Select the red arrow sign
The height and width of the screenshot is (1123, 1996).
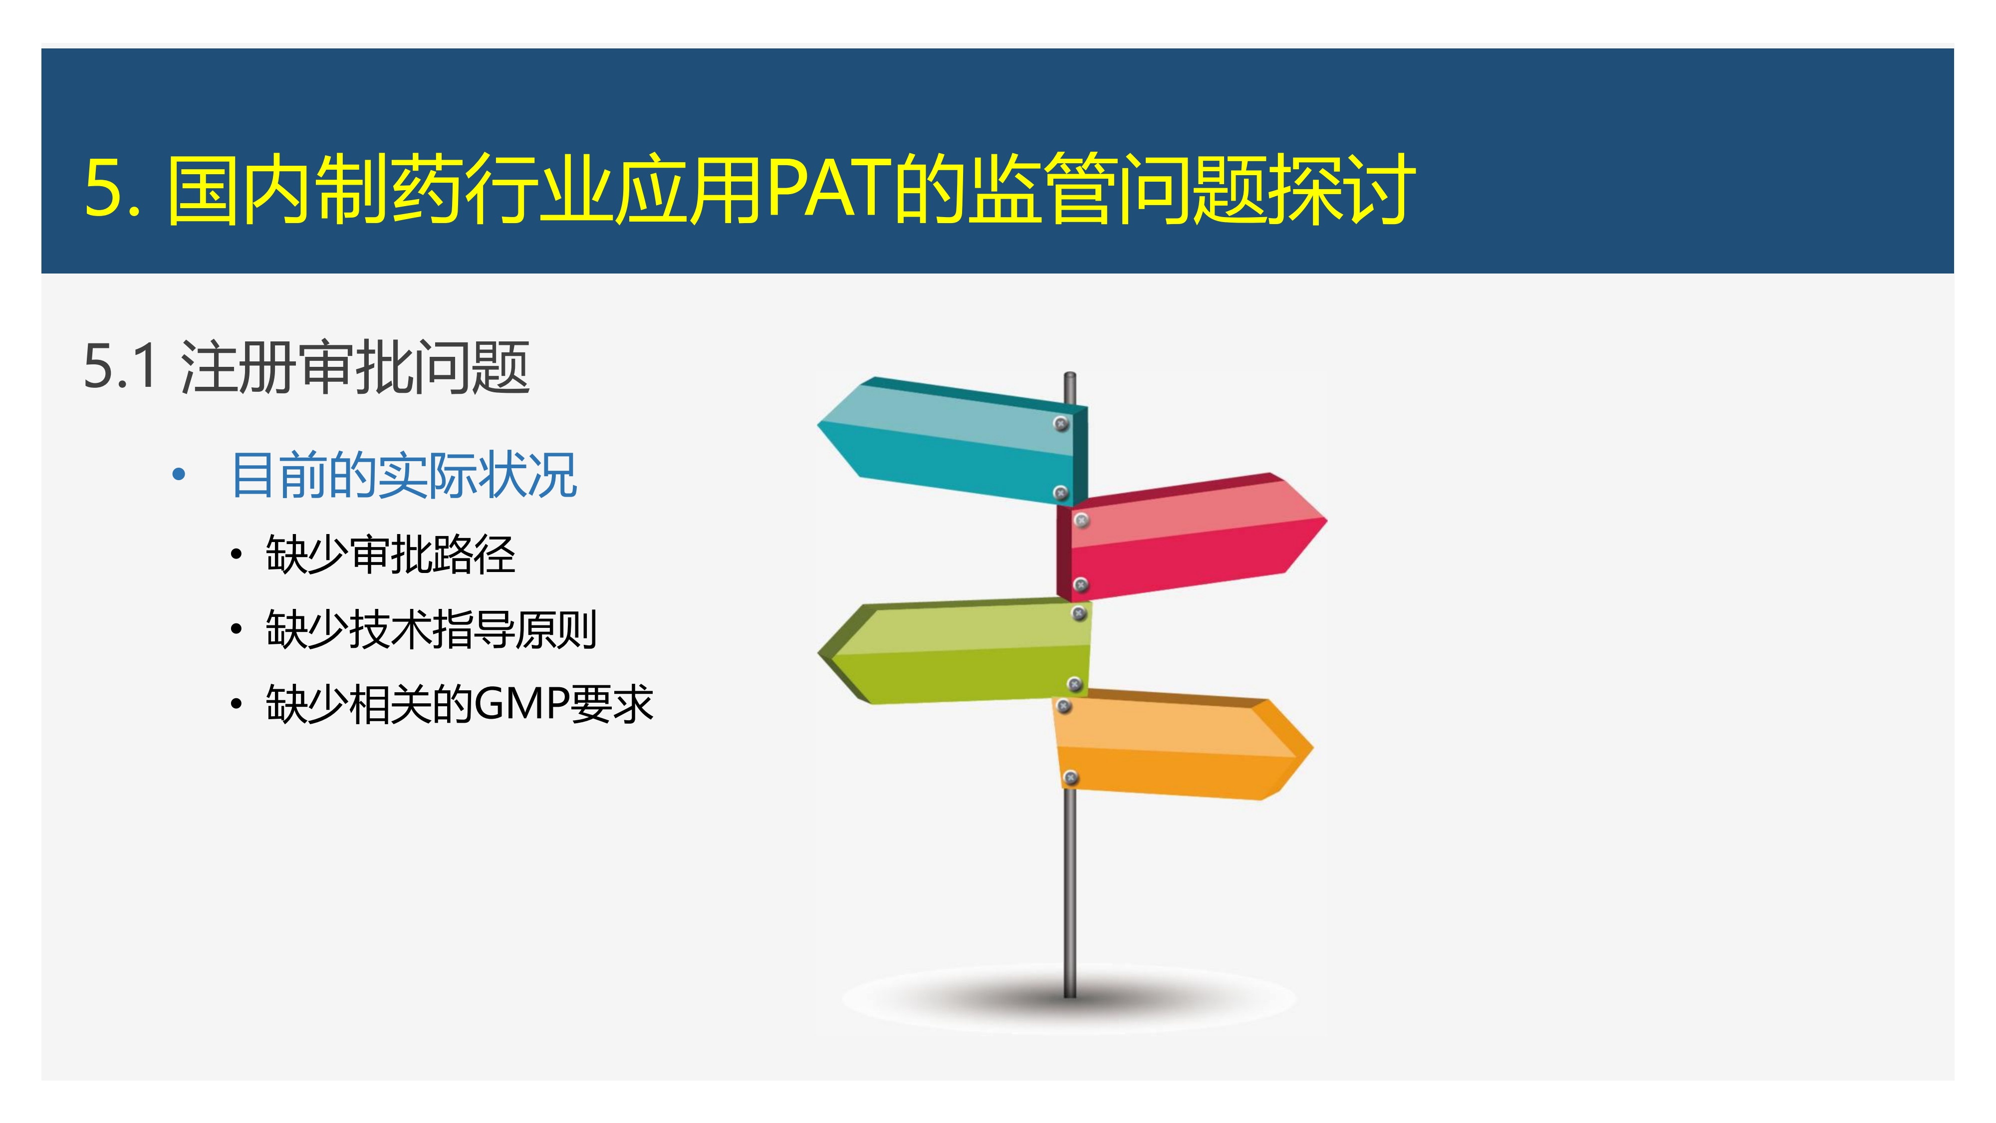coord(1190,537)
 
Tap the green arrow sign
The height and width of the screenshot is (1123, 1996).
coord(955,651)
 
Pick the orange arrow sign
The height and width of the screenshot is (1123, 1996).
coord(1182,746)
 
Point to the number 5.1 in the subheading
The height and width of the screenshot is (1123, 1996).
coord(120,366)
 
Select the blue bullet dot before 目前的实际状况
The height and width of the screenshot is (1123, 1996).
coord(179,474)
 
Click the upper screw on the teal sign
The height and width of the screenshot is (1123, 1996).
coord(1061,423)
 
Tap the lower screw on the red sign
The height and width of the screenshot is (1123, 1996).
coord(1081,584)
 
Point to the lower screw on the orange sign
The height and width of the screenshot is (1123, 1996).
coord(1070,777)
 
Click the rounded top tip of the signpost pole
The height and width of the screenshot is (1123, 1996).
coord(1069,375)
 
